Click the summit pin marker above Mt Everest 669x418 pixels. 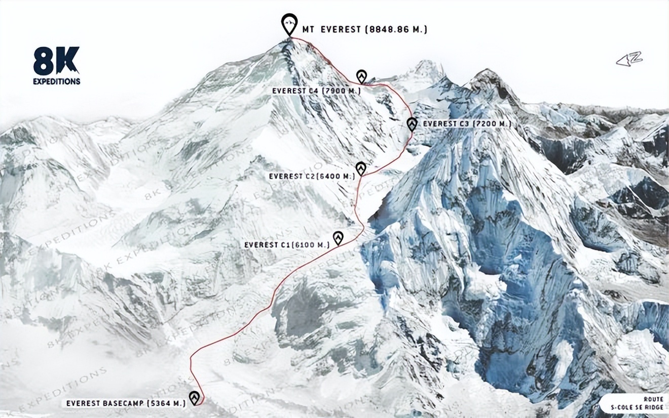[x=289, y=24]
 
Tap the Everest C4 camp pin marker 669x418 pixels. [x=361, y=76]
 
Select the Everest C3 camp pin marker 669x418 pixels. [x=412, y=124]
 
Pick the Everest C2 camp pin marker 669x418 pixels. [x=361, y=168]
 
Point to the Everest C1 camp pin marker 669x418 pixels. [x=338, y=237]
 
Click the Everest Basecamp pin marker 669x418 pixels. [x=194, y=398]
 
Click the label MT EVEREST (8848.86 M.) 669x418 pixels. [x=364, y=30]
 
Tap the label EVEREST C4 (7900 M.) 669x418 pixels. [x=316, y=91]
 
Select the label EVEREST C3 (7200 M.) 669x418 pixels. [x=467, y=123]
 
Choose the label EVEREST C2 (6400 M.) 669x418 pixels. [x=312, y=176]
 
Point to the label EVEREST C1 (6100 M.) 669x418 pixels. [x=287, y=245]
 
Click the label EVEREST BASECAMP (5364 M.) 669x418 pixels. [x=124, y=404]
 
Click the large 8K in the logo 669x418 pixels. [x=56, y=61]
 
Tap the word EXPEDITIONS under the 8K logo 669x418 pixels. [x=57, y=81]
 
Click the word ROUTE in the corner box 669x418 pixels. [x=653, y=399]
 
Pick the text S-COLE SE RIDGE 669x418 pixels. [x=637, y=407]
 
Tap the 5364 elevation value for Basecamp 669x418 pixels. [x=161, y=404]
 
